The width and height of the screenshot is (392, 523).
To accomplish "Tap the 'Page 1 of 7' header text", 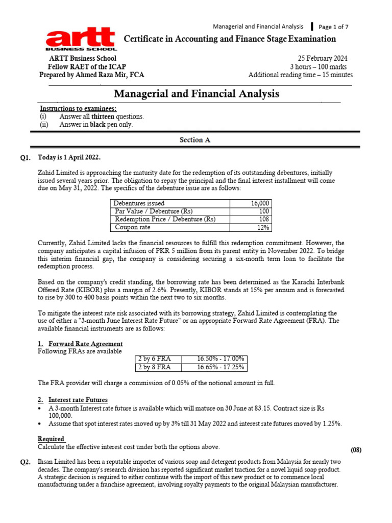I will (x=334, y=27).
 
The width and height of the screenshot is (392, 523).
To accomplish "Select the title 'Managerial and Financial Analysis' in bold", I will (x=196, y=94).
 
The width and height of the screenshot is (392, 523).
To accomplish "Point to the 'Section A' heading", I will (x=194, y=139).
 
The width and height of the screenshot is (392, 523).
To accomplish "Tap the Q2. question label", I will (x=27, y=462).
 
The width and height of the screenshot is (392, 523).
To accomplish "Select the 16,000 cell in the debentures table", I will (x=260, y=203).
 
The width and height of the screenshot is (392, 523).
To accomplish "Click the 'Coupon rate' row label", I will (x=133, y=227).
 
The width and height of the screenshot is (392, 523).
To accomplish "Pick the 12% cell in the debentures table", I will (x=263, y=227).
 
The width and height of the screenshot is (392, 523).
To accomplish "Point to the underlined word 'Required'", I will (x=52, y=439).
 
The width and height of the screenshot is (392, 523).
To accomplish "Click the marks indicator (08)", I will (x=356, y=449).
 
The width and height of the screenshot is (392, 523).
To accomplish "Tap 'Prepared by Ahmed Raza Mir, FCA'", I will (x=92, y=75).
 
